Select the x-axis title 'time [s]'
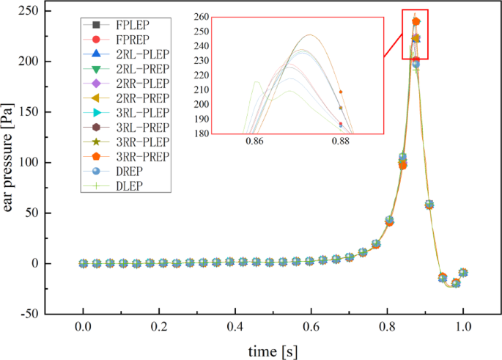point(272,350)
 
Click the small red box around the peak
point(415,34)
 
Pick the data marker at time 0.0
point(84,263)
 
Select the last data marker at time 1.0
point(463,273)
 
